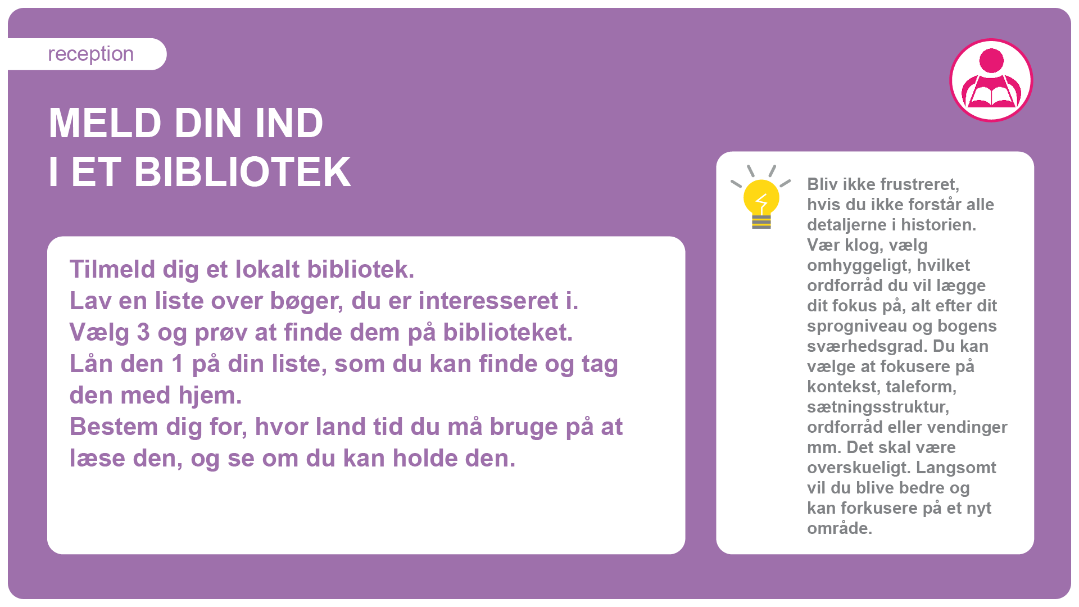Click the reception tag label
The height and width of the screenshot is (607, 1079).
90,54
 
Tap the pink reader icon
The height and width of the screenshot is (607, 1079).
991,80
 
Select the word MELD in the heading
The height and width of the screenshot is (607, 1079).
105,123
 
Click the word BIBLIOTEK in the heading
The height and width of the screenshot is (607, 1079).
242,172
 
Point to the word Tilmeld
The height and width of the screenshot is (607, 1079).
112,269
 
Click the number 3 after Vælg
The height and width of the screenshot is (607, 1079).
143,332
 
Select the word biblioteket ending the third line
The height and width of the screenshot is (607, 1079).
507,332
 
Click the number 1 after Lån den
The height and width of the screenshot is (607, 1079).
178,364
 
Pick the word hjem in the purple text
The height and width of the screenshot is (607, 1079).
210,395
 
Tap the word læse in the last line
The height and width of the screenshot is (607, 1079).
97,458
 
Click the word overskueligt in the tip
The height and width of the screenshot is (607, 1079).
859,468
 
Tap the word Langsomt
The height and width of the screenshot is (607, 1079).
956,468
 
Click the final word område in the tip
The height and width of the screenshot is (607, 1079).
840,528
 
